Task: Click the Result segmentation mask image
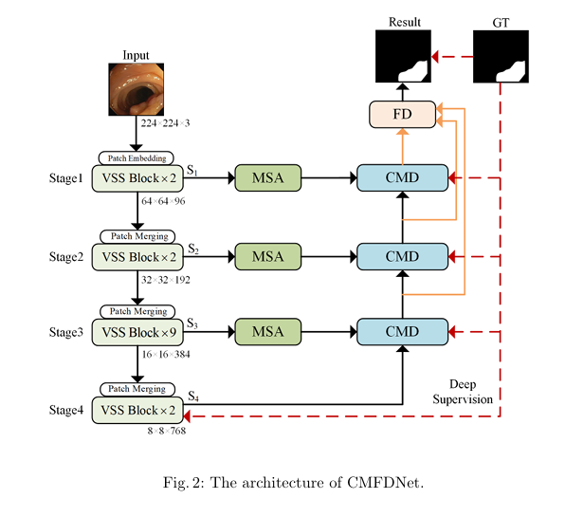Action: pos(404,57)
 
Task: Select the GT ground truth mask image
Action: pos(501,57)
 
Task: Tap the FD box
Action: pos(401,115)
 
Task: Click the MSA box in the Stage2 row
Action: pos(267,255)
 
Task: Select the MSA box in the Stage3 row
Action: pos(267,332)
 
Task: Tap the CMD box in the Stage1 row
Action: pos(402,177)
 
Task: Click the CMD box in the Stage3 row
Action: pos(402,332)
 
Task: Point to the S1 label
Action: pos(193,168)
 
